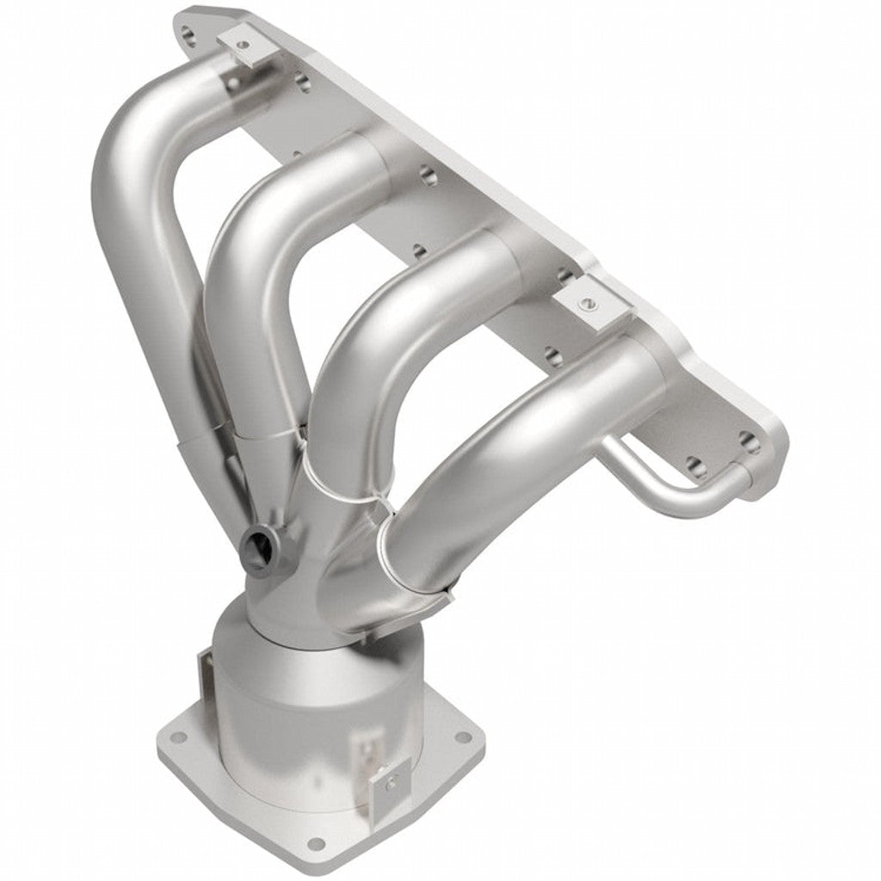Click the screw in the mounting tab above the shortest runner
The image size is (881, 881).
pyautogui.click(x=587, y=302)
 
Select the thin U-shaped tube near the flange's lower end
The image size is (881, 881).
pyautogui.click(x=662, y=482)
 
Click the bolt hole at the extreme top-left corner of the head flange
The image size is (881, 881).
pyautogui.click(x=188, y=35)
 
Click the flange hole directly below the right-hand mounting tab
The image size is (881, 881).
pyautogui.click(x=555, y=354)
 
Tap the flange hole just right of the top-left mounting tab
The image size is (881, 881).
pyautogui.click(x=301, y=81)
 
